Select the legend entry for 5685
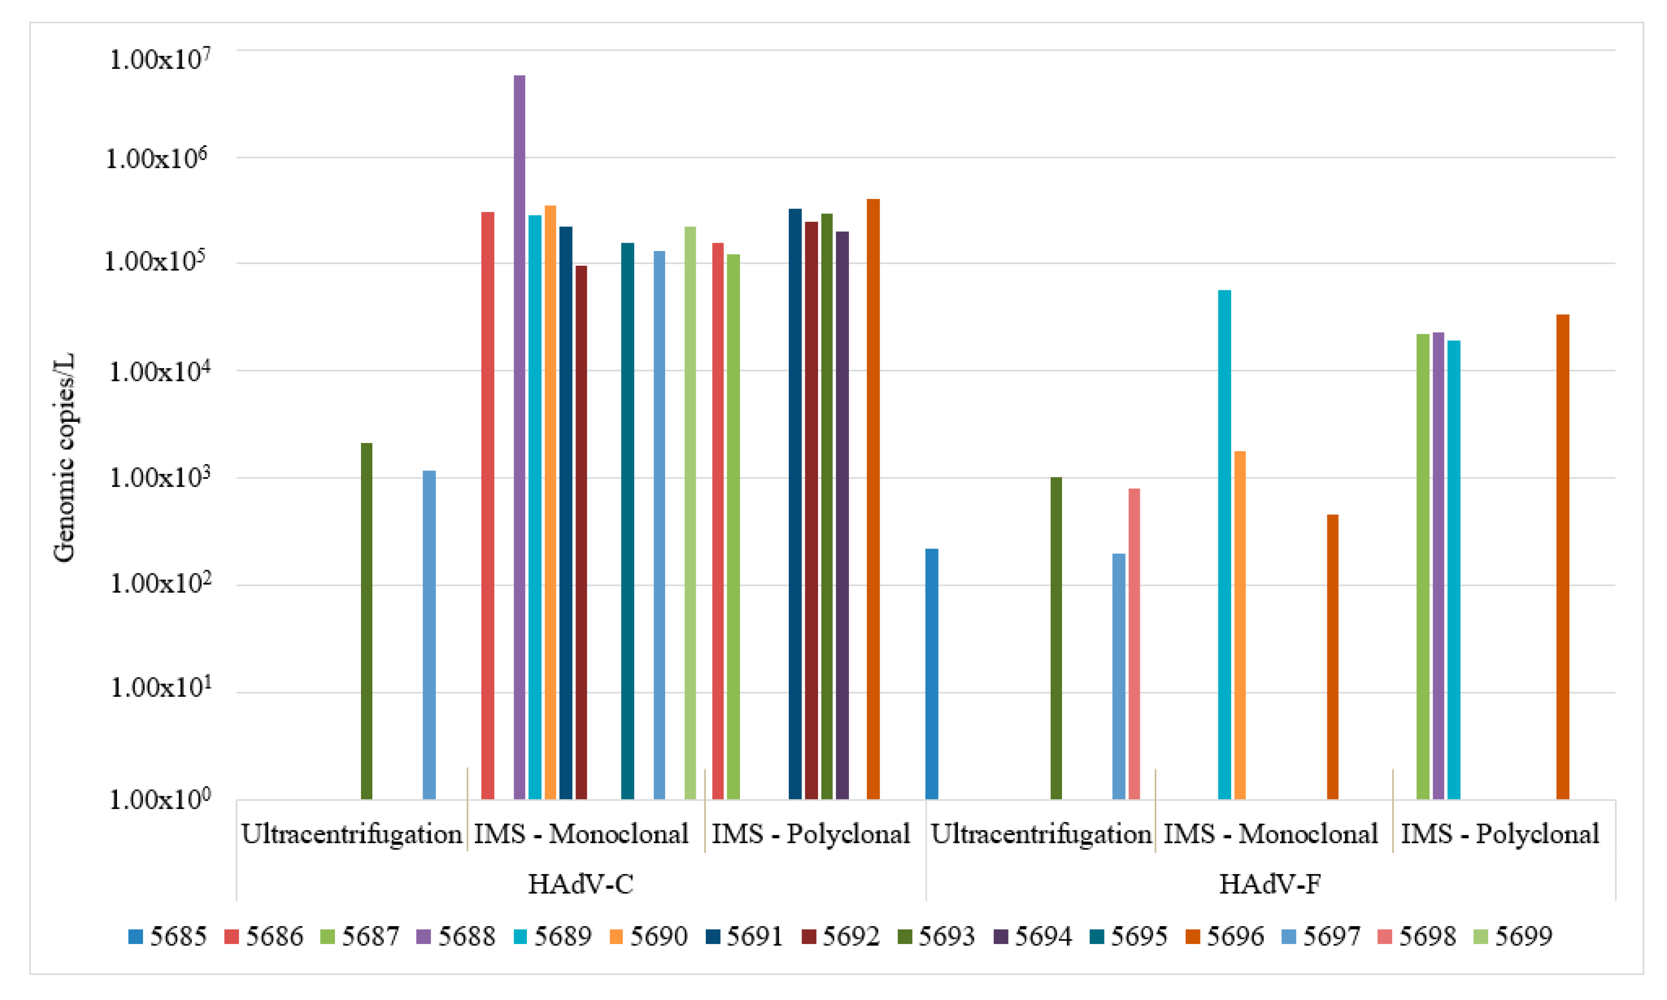[x=167, y=937]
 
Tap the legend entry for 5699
[x=1512, y=937]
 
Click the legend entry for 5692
[x=840, y=937]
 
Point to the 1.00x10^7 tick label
[x=160, y=59]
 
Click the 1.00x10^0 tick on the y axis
[x=160, y=799]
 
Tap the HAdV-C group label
[x=580, y=884]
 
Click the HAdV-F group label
[x=1270, y=884]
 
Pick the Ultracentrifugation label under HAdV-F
[x=1041, y=834]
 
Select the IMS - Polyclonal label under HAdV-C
[x=811, y=834]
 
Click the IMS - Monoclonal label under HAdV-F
[x=1270, y=834]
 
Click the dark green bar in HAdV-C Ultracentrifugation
[x=367, y=620]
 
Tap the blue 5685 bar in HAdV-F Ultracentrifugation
[x=931, y=674]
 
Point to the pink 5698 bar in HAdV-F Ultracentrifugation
[x=1134, y=643]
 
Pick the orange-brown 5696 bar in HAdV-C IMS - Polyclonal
[x=873, y=499]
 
